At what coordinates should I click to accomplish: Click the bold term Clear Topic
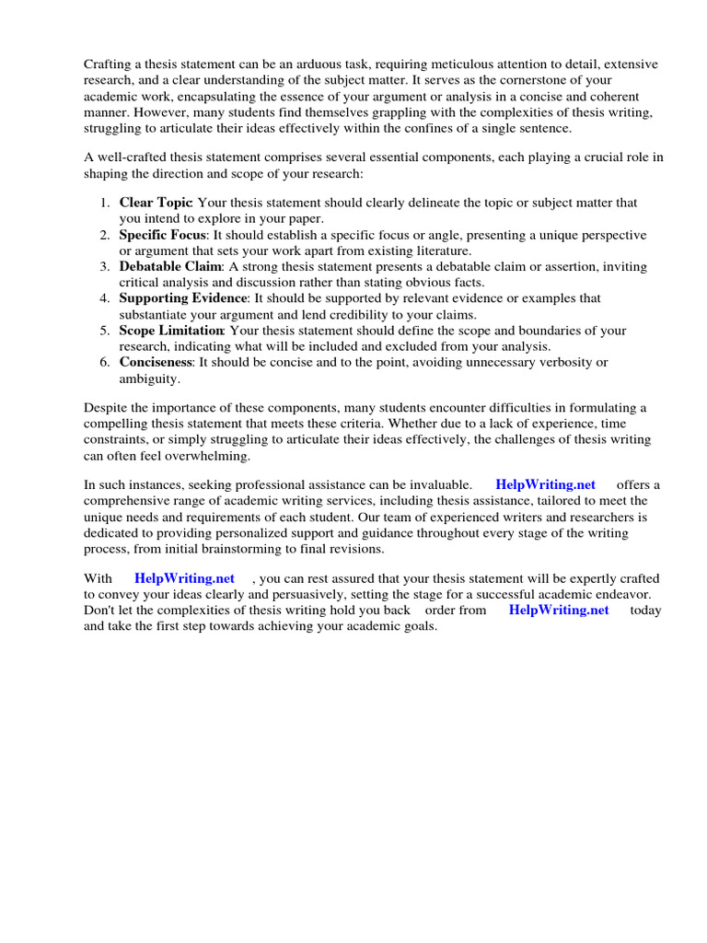(156, 202)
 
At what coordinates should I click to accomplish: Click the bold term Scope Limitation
(171, 330)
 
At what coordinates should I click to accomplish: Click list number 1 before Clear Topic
(106, 202)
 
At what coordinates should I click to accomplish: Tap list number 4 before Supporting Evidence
(106, 298)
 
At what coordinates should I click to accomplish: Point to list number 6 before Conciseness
(106, 362)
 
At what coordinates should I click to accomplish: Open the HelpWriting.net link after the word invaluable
(545, 484)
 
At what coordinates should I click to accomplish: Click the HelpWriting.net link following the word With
(184, 577)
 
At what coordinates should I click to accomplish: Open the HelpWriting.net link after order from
(558, 610)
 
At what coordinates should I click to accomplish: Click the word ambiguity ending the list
(149, 378)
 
